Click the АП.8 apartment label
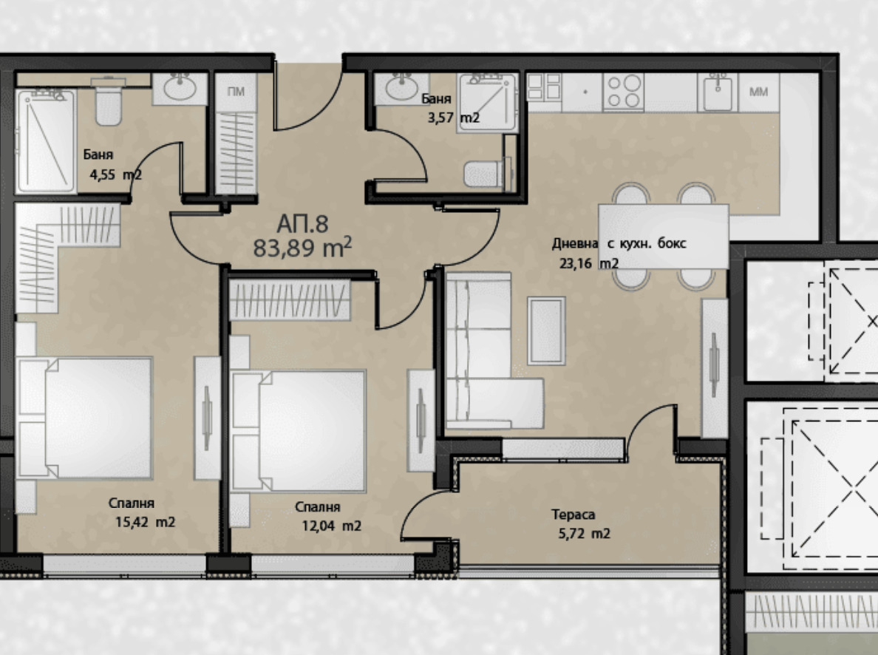pos(302,224)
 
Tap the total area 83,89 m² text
pos(302,247)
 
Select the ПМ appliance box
pos(236,92)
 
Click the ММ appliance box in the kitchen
pos(758,92)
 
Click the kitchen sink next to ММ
pos(718,92)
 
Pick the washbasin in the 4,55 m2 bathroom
pos(179,88)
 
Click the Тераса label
pos(573,515)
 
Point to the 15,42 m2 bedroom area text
pos(145,522)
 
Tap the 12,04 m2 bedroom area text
pos(332,526)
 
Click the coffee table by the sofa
pos(546,330)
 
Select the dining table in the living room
pos(664,236)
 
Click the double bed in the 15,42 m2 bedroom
pos(84,418)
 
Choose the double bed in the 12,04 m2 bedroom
pos(299,430)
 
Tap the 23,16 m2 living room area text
pos(589,263)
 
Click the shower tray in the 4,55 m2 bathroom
pos(45,140)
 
